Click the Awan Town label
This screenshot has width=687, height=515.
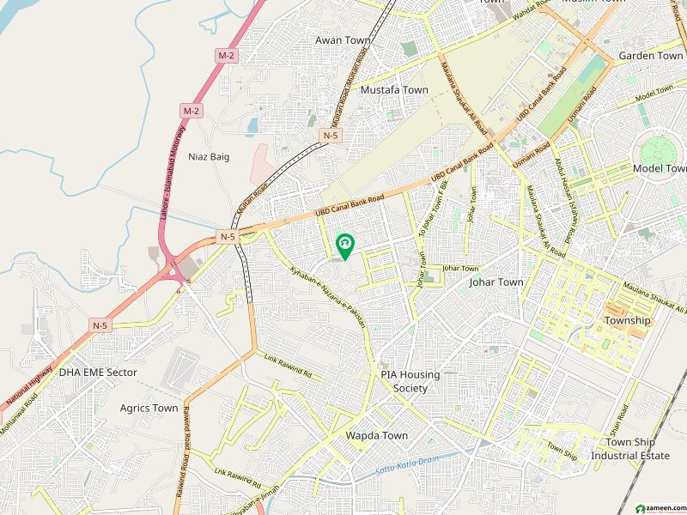tap(342, 40)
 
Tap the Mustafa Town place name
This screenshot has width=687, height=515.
tap(394, 89)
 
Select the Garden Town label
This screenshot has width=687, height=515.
tap(650, 56)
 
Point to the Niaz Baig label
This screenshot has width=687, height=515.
tap(209, 156)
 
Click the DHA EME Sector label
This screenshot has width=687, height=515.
tap(98, 373)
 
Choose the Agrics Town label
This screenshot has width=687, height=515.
tap(149, 408)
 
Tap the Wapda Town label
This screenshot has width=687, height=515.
tap(376, 435)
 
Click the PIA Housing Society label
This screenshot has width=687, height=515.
tap(410, 381)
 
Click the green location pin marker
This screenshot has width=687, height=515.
tap(344, 246)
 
